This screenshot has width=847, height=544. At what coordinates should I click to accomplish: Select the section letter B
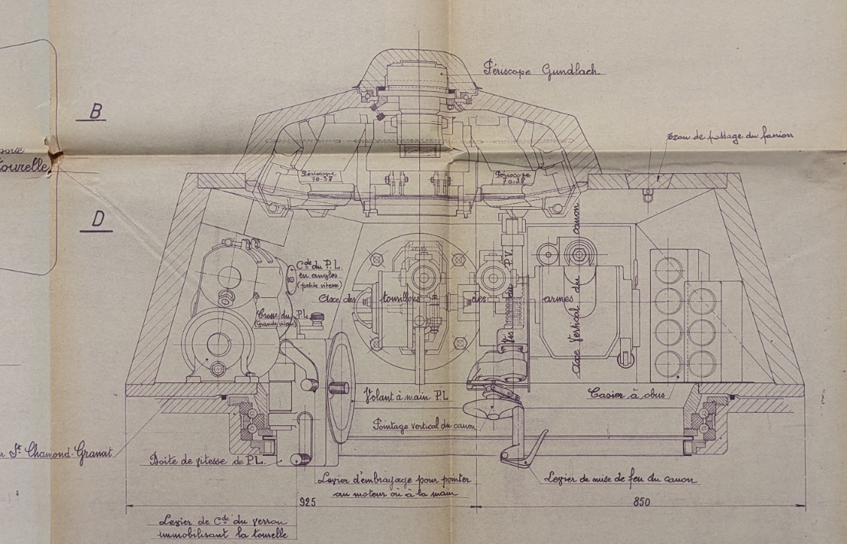coord(96,111)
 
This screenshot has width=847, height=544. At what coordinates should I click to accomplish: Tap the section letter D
coord(98,219)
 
